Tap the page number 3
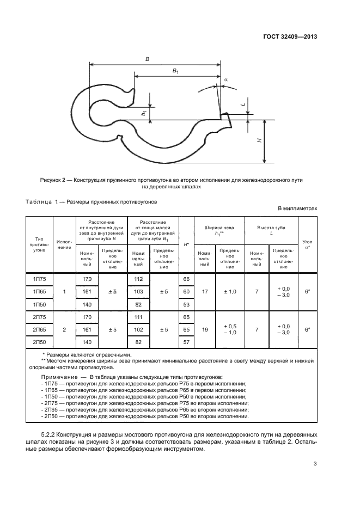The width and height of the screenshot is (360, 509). pyautogui.click(x=315, y=464)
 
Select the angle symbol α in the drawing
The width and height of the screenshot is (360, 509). pyautogui.click(x=225, y=79)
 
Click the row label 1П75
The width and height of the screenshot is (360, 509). pyautogui.click(x=39, y=279)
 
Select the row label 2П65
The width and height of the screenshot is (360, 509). pyautogui.click(x=39, y=330)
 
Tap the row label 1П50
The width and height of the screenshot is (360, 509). pyautogui.click(x=39, y=304)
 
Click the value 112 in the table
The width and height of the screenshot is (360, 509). pyautogui.click(x=138, y=279)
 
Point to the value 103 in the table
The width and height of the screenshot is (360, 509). pyautogui.click(x=138, y=292)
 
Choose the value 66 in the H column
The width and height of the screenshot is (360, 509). pyautogui.click(x=186, y=279)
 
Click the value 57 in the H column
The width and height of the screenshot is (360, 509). pyautogui.click(x=186, y=342)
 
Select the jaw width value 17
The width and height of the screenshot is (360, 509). pyautogui.click(x=205, y=292)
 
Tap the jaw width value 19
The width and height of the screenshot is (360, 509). pyautogui.click(x=205, y=330)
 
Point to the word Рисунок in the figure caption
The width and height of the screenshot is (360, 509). pyautogui.click(x=53, y=179)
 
